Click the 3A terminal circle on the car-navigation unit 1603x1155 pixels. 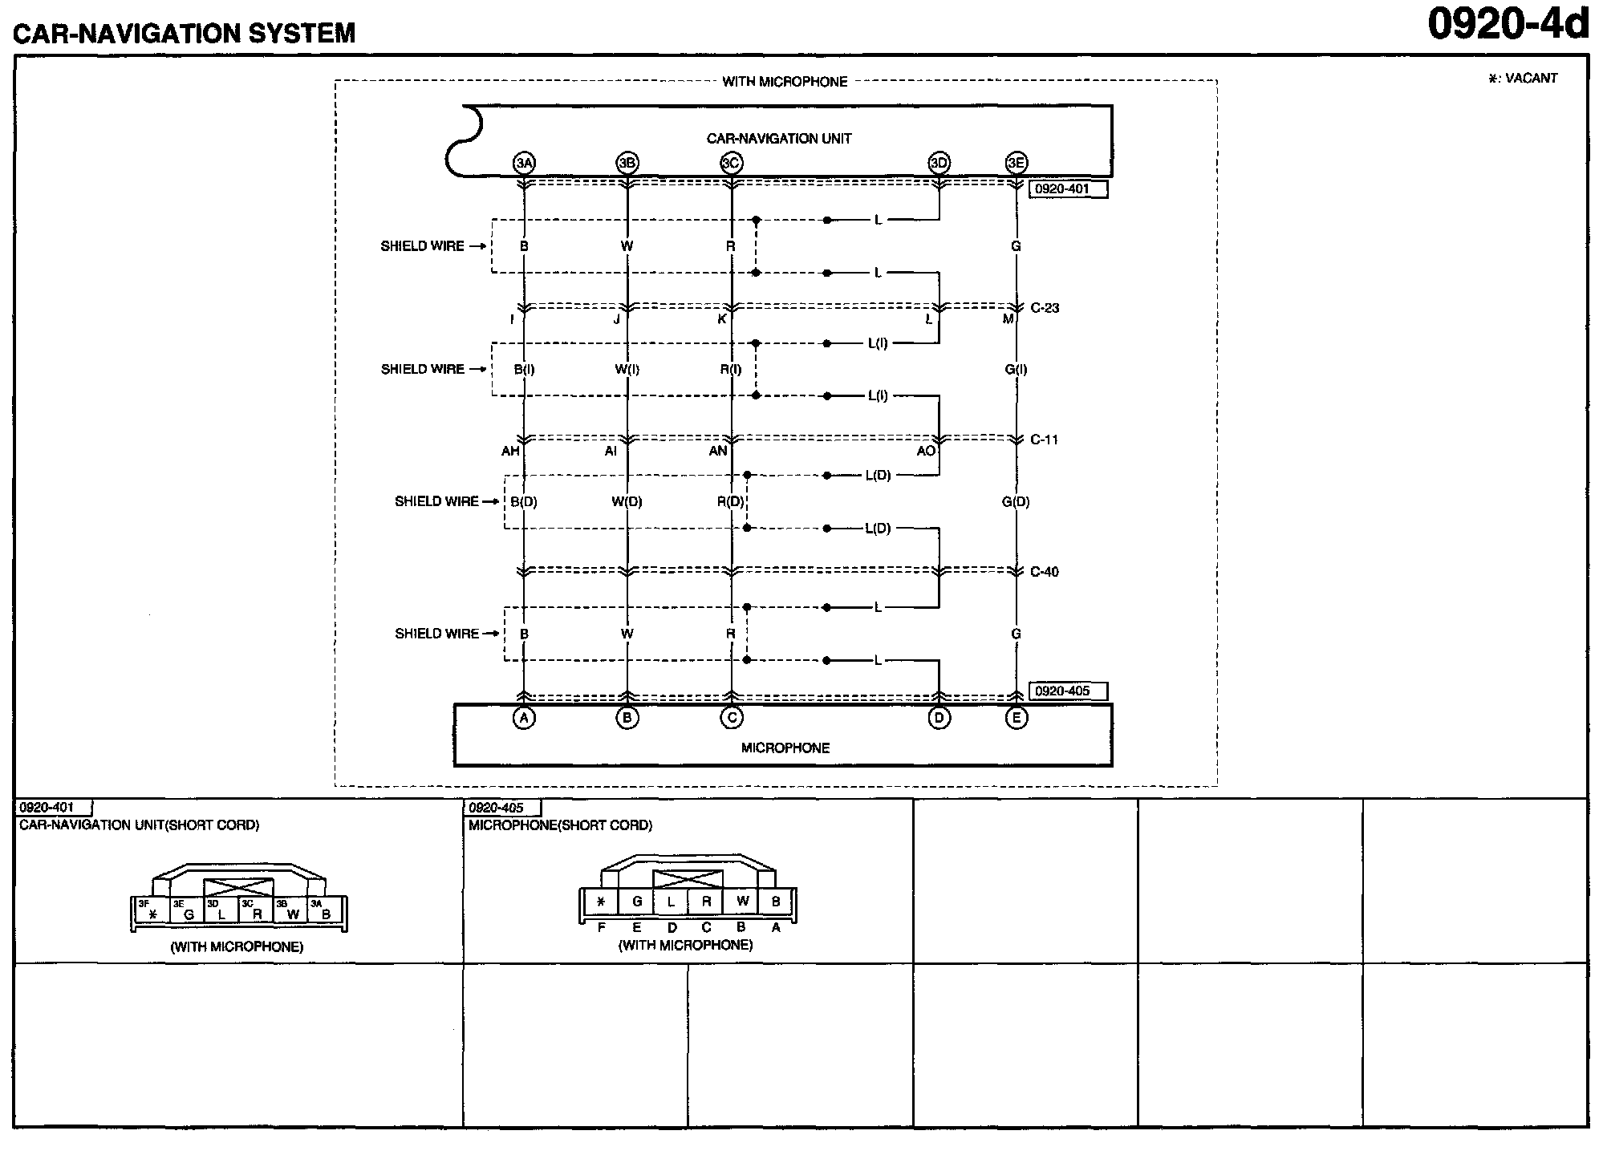pos(524,163)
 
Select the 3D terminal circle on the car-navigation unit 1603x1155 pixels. pos(939,163)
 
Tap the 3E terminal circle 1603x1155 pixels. pos(1016,163)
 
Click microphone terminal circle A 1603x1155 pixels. pos(524,718)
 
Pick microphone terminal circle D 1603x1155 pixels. pos(939,718)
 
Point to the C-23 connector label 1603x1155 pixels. pos(1045,308)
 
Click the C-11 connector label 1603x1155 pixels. pos(1044,440)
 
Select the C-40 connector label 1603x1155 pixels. pos(1044,572)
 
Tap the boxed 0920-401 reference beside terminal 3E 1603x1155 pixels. pos(1067,189)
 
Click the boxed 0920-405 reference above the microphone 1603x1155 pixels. pos(1067,691)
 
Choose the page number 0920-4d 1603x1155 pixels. pos(1508,26)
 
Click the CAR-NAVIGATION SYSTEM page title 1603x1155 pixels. pos(184,33)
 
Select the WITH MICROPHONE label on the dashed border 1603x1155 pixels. pos(785,81)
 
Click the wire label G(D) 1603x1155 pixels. pos(1016,501)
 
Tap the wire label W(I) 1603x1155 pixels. pos(627,369)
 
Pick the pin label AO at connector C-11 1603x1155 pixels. pos(926,451)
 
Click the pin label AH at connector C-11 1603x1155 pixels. pos(510,451)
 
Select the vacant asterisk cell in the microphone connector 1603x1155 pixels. pos(601,902)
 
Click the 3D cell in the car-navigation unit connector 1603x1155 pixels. pos(221,910)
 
